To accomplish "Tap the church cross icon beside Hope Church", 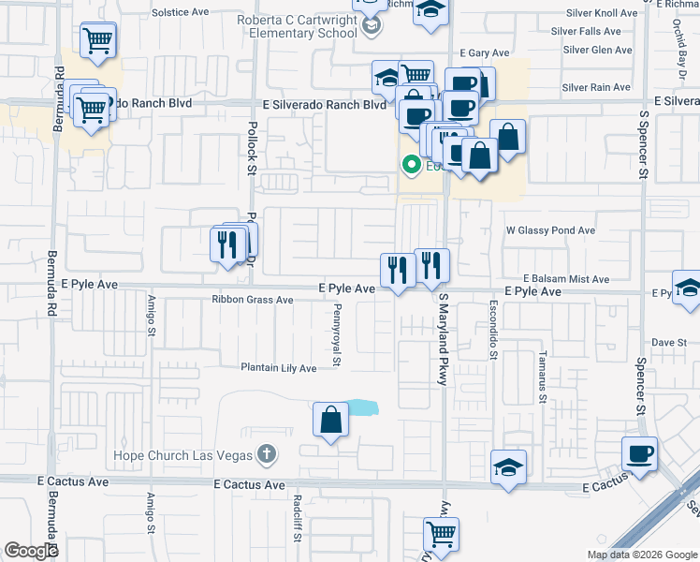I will (x=267, y=455).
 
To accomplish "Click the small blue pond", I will (x=362, y=407).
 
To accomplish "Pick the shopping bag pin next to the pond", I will (x=330, y=421).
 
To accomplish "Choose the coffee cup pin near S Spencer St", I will (x=640, y=453).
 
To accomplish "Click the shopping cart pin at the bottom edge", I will (x=441, y=534).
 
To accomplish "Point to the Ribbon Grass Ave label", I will (x=252, y=301).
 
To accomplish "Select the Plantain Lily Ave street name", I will (x=279, y=368).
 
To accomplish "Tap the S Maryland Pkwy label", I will (x=444, y=338).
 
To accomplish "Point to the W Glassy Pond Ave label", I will (x=550, y=229).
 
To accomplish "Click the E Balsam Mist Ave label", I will (x=566, y=279).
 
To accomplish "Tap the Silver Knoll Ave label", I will (x=602, y=13).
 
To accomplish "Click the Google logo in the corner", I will (x=31, y=551).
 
